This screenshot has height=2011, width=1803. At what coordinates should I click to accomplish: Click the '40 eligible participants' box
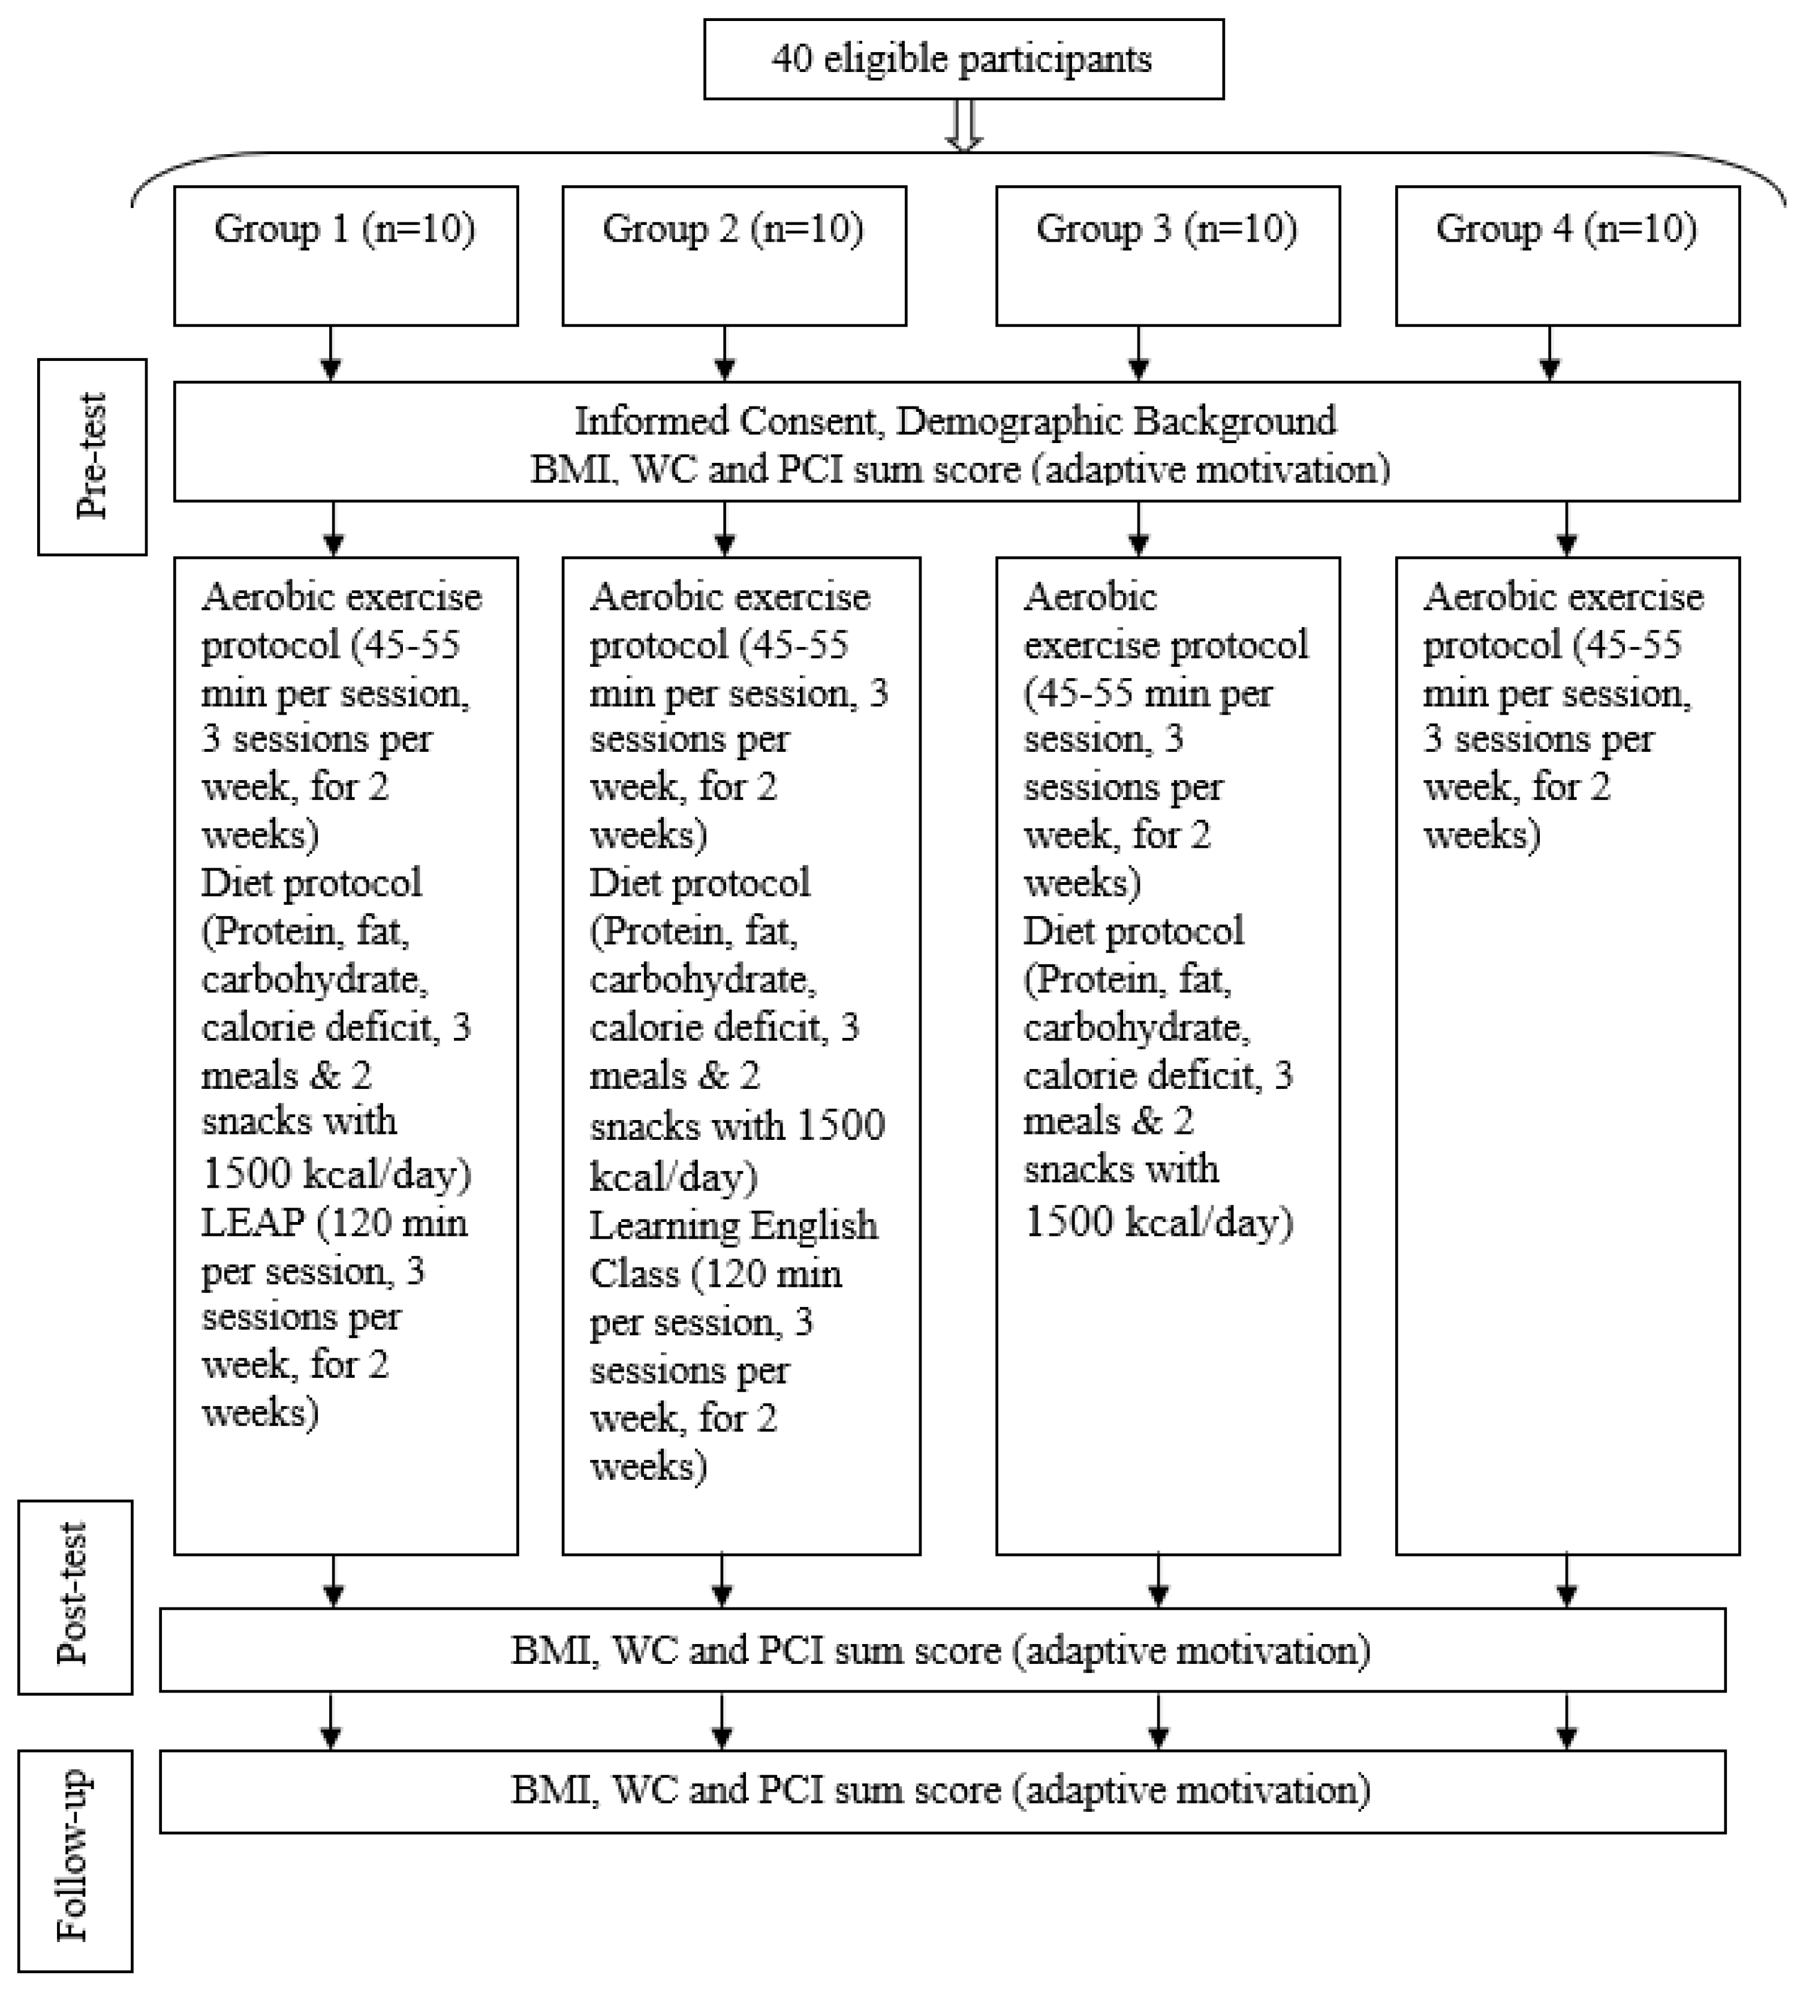pos(963,59)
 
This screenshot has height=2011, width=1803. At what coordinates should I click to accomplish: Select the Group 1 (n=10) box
pos(346,255)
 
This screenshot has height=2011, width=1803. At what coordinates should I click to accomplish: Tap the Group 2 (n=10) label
pos(733,229)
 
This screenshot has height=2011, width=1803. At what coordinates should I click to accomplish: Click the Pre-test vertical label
pos(92,457)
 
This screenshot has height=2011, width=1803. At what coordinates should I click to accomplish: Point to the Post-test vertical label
pos(74,1596)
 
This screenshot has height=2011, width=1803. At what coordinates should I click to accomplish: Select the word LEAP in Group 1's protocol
pos(252,1223)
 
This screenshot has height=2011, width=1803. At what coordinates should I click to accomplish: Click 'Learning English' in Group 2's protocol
pos(733,1226)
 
